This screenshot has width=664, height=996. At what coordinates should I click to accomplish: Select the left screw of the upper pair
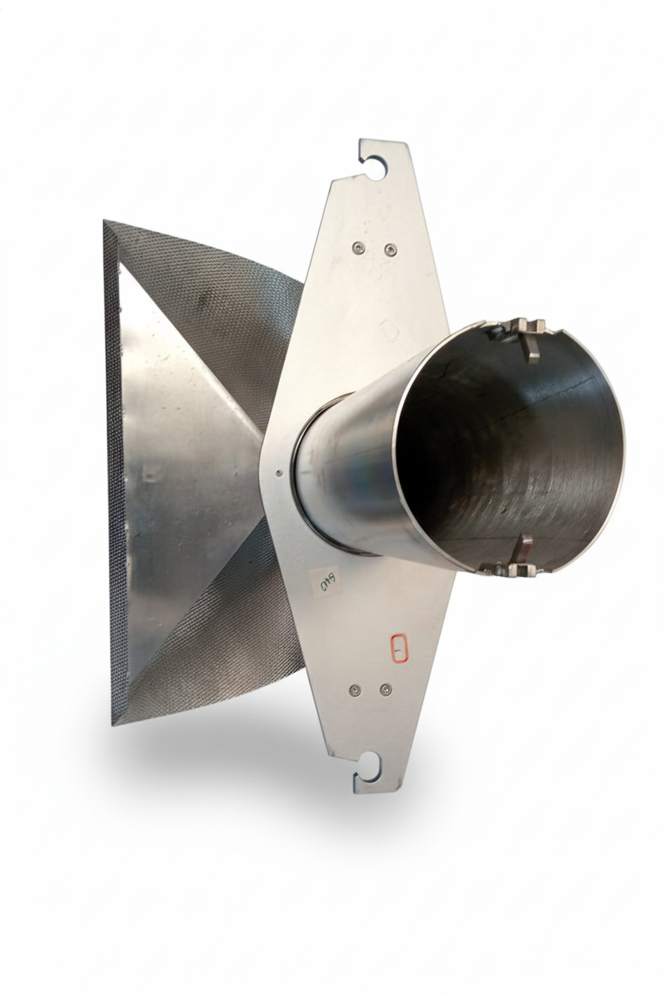tap(358, 247)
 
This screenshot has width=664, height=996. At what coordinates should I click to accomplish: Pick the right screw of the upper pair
tap(390, 251)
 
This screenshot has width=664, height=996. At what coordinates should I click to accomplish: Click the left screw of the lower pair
tap(355, 690)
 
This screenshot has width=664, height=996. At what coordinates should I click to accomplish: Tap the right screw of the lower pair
tap(385, 690)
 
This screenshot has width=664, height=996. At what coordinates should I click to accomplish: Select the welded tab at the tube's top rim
tap(527, 333)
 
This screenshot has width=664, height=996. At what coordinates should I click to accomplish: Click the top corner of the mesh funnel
tap(107, 223)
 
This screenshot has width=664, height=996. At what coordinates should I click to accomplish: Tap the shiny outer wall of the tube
tap(351, 471)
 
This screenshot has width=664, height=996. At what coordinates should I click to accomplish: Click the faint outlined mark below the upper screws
tap(389, 330)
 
